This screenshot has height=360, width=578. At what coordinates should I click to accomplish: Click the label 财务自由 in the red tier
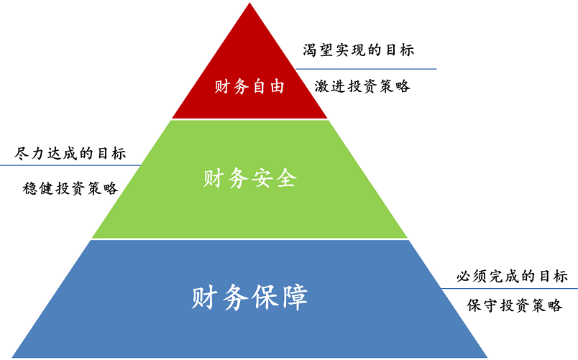249,87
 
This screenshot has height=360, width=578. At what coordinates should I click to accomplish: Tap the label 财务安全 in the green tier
249,178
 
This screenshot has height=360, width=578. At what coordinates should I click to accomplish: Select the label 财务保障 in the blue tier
249,297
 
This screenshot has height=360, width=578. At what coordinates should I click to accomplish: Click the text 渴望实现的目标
359,50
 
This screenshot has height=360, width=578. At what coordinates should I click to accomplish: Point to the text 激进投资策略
363,86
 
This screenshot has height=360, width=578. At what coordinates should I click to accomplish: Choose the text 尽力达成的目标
70,153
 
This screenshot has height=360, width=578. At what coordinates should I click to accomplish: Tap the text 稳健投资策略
70,188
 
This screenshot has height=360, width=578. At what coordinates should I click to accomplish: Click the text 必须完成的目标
512,276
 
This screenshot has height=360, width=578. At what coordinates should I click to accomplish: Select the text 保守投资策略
515,305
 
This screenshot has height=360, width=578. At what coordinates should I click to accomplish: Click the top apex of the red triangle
250,4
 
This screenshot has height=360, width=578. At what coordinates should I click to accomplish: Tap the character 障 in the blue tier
293,297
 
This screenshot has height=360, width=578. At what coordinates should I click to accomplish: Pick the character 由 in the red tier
277,87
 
